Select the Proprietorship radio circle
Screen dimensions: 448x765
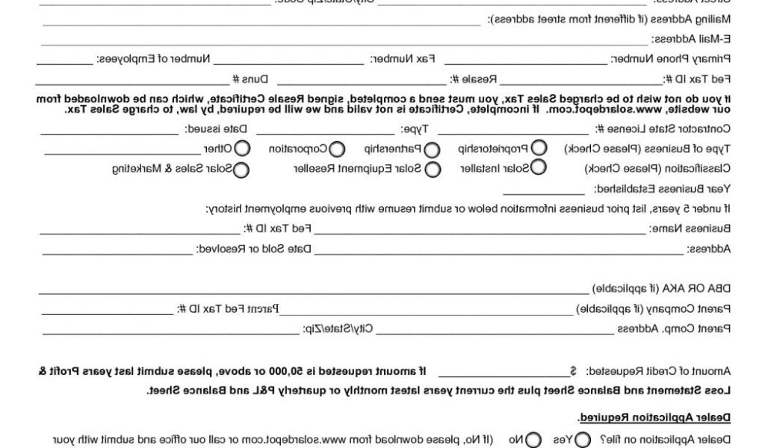[538, 149]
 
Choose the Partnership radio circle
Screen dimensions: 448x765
[432, 149]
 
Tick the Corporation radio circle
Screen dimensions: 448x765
[337, 149]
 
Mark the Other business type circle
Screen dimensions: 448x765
[243, 149]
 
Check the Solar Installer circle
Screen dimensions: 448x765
[538, 169]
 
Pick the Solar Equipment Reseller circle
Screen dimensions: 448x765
[433, 169]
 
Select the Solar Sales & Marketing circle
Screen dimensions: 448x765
[241, 169]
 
